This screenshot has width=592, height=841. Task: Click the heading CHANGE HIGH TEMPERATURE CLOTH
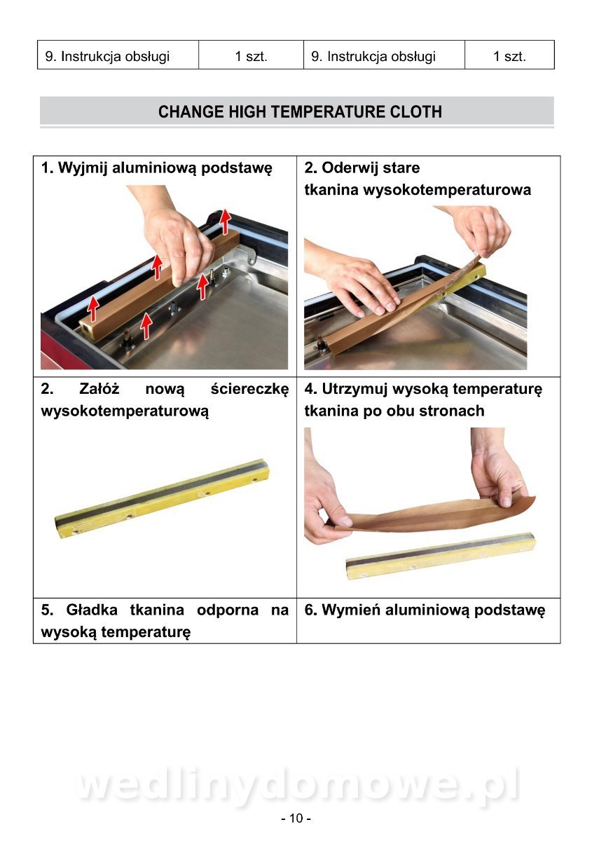pyautogui.click(x=300, y=111)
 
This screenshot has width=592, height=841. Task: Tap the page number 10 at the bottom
pyautogui.click(x=296, y=818)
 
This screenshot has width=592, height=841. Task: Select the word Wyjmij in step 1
pyautogui.click(x=83, y=168)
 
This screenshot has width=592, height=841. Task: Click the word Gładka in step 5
pyautogui.click(x=92, y=610)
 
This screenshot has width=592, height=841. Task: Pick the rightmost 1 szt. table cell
pyautogui.click(x=509, y=56)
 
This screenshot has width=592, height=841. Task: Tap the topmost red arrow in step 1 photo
pyautogui.click(x=225, y=221)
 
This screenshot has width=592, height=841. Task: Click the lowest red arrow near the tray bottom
pyautogui.click(x=146, y=325)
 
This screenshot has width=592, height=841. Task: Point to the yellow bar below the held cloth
pyautogui.click(x=441, y=556)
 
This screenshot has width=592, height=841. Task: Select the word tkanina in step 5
pyautogui.click(x=157, y=610)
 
